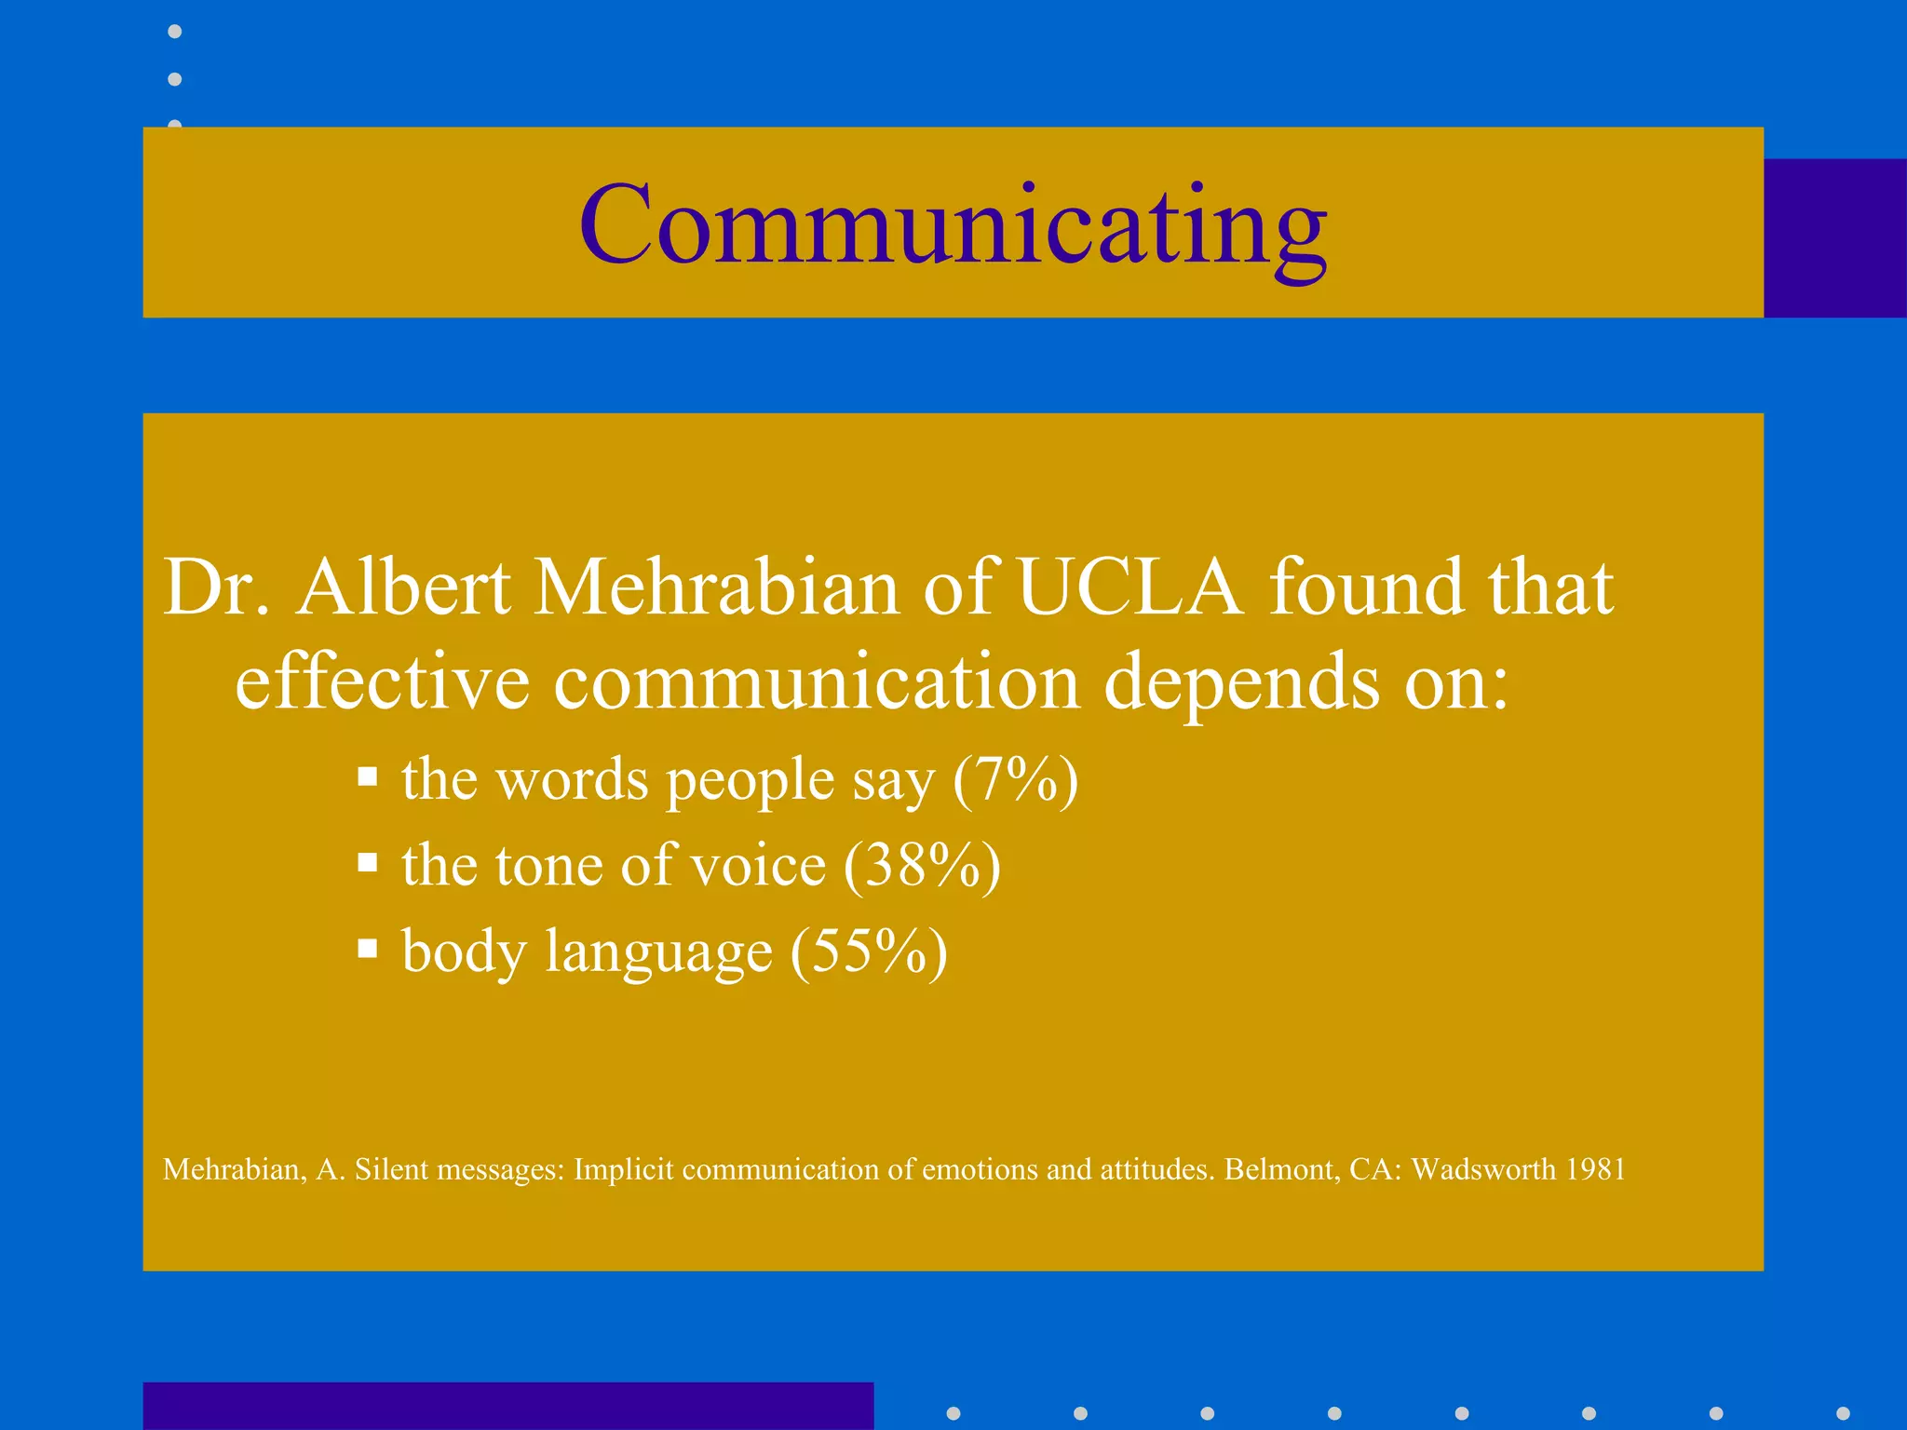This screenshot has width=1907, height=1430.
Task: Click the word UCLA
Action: point(1129,587)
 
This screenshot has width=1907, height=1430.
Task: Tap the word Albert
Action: point(403,587)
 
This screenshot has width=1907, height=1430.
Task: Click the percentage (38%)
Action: point(922,865)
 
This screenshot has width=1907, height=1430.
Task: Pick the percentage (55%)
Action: point(869,951)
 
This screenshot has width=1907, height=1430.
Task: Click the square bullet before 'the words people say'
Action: point(368,776)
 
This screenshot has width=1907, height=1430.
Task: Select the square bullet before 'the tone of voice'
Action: point(368,863)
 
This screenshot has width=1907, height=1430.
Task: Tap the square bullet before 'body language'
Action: point(368,949)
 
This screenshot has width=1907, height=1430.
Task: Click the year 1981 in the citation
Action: point(1595,1169)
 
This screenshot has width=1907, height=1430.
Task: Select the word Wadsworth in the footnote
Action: point(1483,1169)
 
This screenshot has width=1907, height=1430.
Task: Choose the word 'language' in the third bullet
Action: point(658,952)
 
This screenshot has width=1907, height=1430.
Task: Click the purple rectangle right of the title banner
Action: point(1834,238)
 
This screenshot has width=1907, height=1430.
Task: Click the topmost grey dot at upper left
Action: point(174,32)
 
